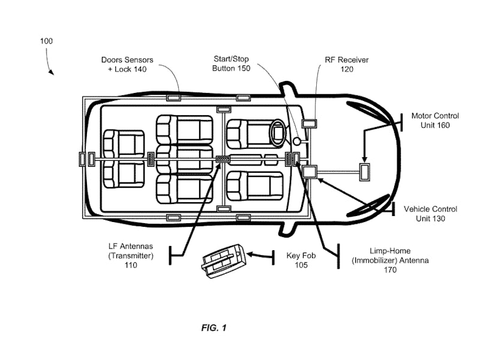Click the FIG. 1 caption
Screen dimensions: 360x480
214,328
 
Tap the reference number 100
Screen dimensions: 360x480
46,41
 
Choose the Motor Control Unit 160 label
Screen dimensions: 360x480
435,121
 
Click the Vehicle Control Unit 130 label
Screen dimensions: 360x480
430,214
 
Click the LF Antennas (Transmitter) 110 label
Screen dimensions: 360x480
131,256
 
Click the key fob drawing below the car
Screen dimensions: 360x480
223,260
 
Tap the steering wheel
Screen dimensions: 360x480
277,133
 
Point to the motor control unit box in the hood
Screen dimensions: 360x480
364,172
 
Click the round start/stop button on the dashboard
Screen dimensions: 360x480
297,142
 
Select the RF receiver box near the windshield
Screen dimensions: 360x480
310,124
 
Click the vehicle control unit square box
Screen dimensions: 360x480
311,172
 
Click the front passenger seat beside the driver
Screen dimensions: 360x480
255,185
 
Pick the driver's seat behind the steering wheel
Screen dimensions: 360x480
252,133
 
